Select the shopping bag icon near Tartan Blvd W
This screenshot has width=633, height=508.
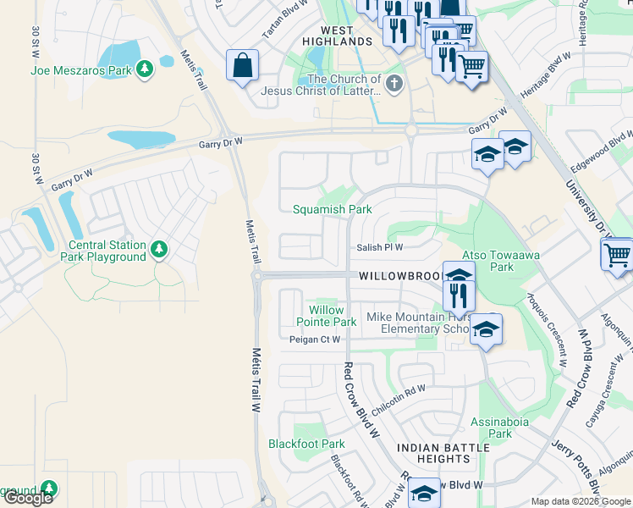point(243,65)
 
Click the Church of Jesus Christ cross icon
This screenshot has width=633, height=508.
point(394,84)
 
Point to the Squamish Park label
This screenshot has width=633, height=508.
point(332,209)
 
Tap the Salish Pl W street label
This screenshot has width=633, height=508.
point(379,247)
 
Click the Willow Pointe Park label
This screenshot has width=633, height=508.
point(326,317)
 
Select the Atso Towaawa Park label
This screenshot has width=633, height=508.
point(500,261)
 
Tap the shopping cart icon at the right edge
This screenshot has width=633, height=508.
point(617,253)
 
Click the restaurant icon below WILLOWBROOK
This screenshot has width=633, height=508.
point(458,295)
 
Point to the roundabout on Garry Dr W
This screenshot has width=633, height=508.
point(412,130)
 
